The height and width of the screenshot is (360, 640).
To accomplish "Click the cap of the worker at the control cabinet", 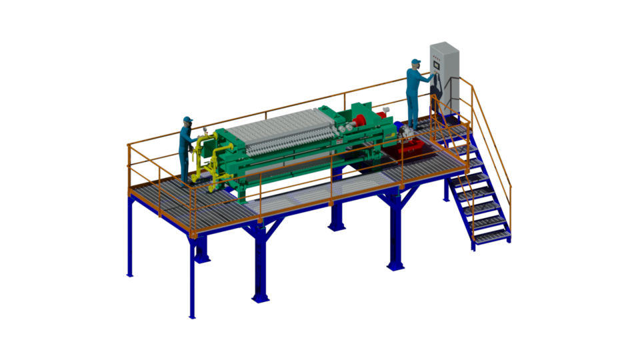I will [x=415, y=62].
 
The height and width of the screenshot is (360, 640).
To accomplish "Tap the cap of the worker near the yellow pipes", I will [x=187, y=120].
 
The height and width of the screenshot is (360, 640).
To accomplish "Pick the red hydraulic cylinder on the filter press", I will [x=361, y=121].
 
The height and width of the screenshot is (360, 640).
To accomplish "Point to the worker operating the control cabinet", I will [x=416, y=93].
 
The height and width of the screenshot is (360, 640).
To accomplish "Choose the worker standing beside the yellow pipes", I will [x=187, y=150].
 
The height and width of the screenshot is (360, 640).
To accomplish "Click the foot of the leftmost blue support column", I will [x=129, y=273].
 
